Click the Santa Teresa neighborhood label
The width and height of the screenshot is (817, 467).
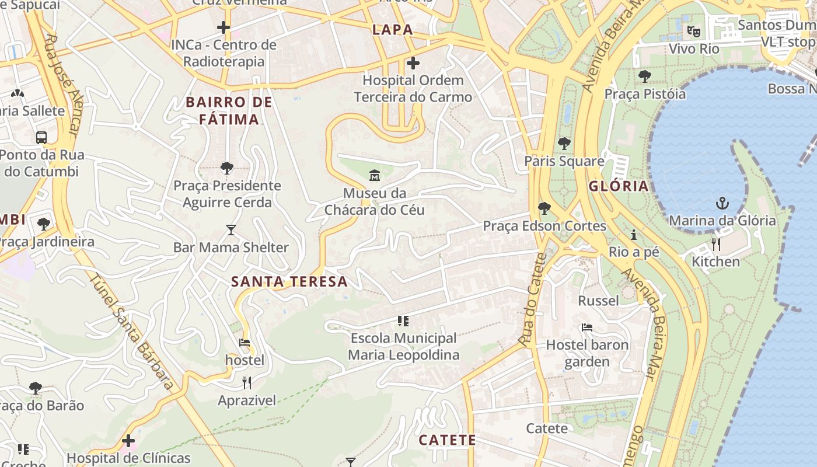(x=289, y=281)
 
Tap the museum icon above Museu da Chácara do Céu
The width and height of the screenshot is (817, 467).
(x=375, y=175)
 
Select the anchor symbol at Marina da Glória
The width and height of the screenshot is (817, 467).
(x=722, y=203)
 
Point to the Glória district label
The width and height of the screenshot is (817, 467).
(x=619, y=186)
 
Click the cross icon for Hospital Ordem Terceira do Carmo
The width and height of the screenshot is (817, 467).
(x=413, y=62)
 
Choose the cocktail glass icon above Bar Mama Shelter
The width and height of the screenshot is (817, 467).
(x=231, y=230)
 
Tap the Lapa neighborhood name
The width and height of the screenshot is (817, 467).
(x=392, y=30)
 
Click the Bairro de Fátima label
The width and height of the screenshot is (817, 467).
(x=229, y=111)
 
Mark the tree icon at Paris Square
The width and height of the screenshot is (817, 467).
(x=564, y=143)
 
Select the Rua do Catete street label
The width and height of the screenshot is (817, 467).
(x=533, y=299)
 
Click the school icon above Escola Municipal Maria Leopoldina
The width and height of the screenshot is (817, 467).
(x=403, y=320)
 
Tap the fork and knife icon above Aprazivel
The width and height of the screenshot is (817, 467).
(x=247, y=383)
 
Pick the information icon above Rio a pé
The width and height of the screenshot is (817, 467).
(x=634, y=235)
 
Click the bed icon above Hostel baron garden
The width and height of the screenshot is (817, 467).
(x=587, y=327)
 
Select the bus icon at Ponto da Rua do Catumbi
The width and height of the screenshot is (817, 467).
(x=41, y=138)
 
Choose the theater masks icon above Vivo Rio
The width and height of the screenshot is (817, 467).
(x=693, y=31)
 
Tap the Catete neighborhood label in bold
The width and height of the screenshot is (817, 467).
(x=447, y=440)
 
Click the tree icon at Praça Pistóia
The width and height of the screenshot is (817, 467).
(x=645, y=76)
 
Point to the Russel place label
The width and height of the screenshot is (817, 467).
(x=598, y=301)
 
